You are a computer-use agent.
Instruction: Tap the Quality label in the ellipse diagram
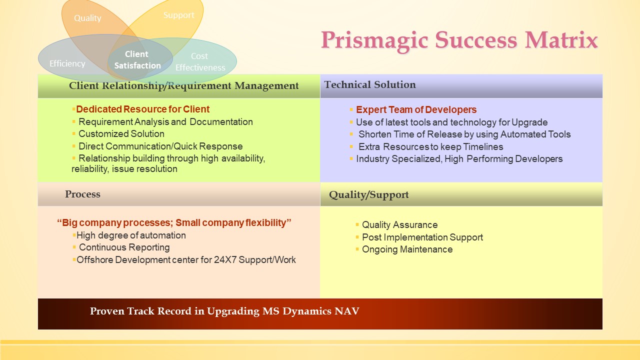(x=87, y=18)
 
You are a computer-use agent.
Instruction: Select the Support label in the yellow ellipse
(x=179, y=15)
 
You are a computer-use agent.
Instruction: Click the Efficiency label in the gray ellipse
(x=67, y=63)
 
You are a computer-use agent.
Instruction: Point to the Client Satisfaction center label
(x=137, y=59)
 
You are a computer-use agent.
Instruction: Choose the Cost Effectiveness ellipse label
(x=200, y=61)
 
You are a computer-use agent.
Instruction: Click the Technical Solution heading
(x=370, y=84)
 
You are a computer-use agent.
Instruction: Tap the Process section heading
(x=82, y=194)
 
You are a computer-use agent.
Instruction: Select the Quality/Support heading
(x=369, y=195)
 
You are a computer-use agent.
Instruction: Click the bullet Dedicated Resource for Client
(x=143, y=109)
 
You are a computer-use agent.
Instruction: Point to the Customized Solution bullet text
(x=121, y=133)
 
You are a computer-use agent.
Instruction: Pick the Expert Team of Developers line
(x=416, y=109)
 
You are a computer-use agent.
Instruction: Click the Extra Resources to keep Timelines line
(x=431, y=147)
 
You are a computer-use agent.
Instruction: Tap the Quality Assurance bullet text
(x=399, y=225)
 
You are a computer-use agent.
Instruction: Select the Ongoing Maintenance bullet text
(x=407, y=249)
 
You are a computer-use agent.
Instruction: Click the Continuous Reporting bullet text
(x=124, y=247)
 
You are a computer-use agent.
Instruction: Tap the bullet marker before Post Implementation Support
(x=357, y=237)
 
